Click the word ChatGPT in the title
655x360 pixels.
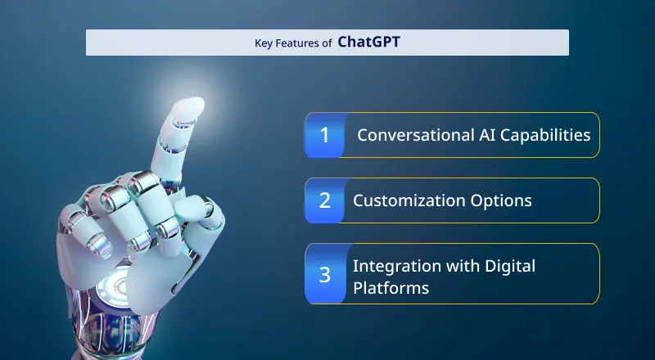click(369, 43)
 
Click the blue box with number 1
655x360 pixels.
click(325, 135)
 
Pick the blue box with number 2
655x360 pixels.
click(325, 200)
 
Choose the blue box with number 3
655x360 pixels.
click(325, 274)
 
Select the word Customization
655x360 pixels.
click(408, 200)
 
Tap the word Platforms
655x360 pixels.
click(391, 288)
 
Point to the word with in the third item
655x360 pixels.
click(459, 266)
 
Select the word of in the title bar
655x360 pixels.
click(326, 43)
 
